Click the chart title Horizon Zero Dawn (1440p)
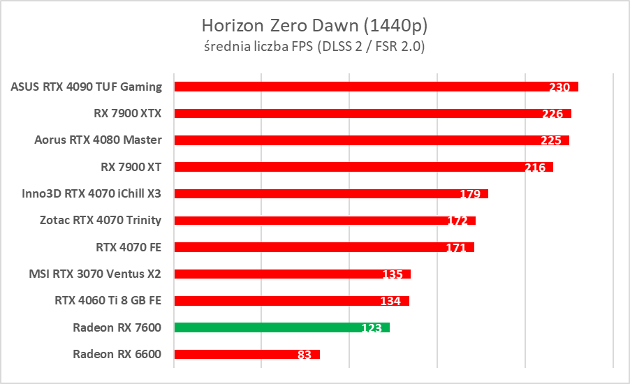pyautogui.click(x=314, y=26)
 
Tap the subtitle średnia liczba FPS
pyautogui.click(x=314, y=47)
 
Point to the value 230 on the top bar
pyautogui.click(x=559, y=87)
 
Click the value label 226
pyautogui.click(x=552, y=114)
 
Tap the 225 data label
pyautogui.click(x=551, y=140)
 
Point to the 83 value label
pyautogui.click(x=304, y=355)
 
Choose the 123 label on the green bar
pyautogui.click(x=372, y=328)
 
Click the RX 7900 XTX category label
pyautogui.click(x=128, y=113)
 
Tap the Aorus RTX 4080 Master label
pyautogui.click(x=98, y=140)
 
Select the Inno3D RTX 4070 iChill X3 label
pyautogui.click(x=91, y=193)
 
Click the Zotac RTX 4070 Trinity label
pyautogui.click(x=101, y=220)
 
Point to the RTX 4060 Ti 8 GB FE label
pyautogui.click(x=108, y=300)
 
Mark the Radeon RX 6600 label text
pyautogui.click(x=117, y=354)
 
